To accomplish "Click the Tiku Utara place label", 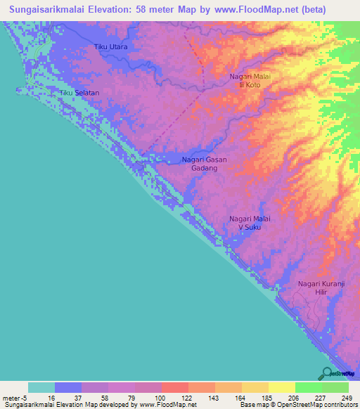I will [x=110, y=47].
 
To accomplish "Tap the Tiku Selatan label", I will [x=78, y=93].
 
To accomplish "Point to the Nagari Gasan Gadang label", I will [x=204, y=164].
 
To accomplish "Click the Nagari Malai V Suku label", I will [x=250, y=223].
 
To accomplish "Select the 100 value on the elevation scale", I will [x=161, y=398].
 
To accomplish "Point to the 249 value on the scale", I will [x=347, y=398].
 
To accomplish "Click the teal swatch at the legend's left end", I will [x=41, y=387].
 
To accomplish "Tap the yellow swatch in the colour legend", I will [x=281, y=387].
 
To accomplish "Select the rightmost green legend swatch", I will [x=335, y=387].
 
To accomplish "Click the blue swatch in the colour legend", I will [x=68, y=387].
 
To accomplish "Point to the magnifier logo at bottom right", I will [x=326, y=373].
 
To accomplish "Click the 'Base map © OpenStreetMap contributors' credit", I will [x=296, y=405].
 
